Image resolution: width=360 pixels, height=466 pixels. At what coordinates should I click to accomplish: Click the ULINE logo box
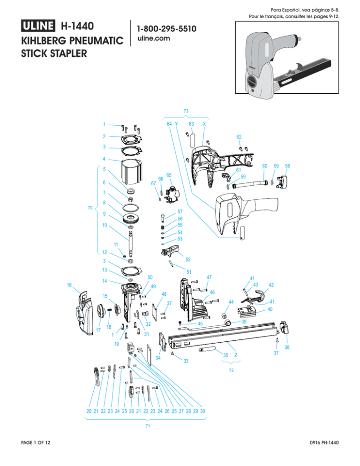(x=38, y=25)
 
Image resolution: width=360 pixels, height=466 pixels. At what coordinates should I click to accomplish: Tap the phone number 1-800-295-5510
(x=166, y=29)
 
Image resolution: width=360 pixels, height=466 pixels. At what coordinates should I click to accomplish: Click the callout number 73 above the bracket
(x=186, y=111)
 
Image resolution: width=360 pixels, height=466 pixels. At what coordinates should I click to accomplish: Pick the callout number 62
(x=239, y=136)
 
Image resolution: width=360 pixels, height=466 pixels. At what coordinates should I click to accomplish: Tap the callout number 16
(x=69, y=285)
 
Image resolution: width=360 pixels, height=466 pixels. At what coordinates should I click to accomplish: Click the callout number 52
(x=187, y=259)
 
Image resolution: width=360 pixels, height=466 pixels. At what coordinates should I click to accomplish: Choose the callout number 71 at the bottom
(x=148, y=428)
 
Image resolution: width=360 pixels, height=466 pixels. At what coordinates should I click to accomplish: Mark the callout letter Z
(x=235, y=356)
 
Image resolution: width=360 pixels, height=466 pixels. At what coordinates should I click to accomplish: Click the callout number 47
(x=209, y=278)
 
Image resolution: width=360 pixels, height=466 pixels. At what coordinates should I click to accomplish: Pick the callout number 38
(x=287, y=348)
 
